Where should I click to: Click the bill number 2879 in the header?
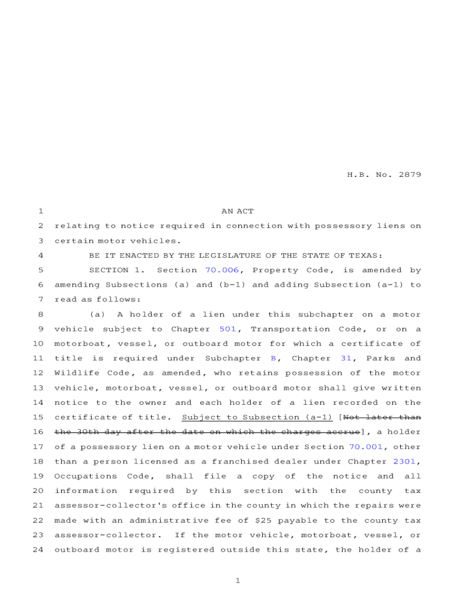click(x=408, y=175)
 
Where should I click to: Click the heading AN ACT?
click(x=238, y=211)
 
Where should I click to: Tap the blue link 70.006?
click(x=222, y=270)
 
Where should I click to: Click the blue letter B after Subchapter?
click(x=273, y=359)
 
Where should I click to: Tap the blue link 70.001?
click(x=366, y=447)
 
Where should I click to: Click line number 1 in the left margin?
click(x=40, y=211)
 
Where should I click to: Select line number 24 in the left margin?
click(x=38, y=550)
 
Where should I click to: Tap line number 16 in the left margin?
click(x=38, y=432)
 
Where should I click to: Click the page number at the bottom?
click(x=238, y=581)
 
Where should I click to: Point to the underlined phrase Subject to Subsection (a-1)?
click(x=257, y=417)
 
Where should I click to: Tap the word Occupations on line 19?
click(x=86, y=476)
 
